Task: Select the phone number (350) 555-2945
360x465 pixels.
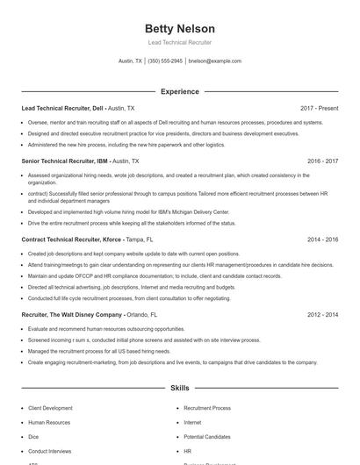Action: click(x=165, y=61)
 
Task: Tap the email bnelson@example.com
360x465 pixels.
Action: click(x=214, y=61)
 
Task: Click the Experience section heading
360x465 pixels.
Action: click(x=179, y=91)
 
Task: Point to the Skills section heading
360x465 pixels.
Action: click(x=179, y=387)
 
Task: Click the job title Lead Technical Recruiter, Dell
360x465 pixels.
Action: click(x=61, y=108)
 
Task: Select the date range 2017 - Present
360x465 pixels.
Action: click(x=319, y=108)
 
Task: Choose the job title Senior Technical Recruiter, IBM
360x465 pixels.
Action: click(x=64, y=161)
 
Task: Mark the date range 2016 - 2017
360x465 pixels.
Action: click(x=322, y=161)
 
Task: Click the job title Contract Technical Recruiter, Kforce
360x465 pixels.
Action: click(x=70, y=239)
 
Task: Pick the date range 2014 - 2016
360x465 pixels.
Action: click(x=322, y=239)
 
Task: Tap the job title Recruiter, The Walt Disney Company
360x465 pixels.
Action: click(x=71, y=314)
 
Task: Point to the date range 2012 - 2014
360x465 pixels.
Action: click(x=322, y=314)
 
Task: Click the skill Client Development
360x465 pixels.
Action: click(x=51, y=408)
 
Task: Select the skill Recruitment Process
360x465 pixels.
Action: click(x=207, y=408)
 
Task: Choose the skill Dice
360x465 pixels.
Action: click(x=33, y=436)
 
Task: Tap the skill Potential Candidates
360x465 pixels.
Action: click(x=206, y=436)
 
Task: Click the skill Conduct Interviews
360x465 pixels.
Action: click(x=49, y=450)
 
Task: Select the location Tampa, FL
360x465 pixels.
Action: click(x=140, y=239)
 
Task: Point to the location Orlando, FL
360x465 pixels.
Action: click(x=142, y=314)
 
